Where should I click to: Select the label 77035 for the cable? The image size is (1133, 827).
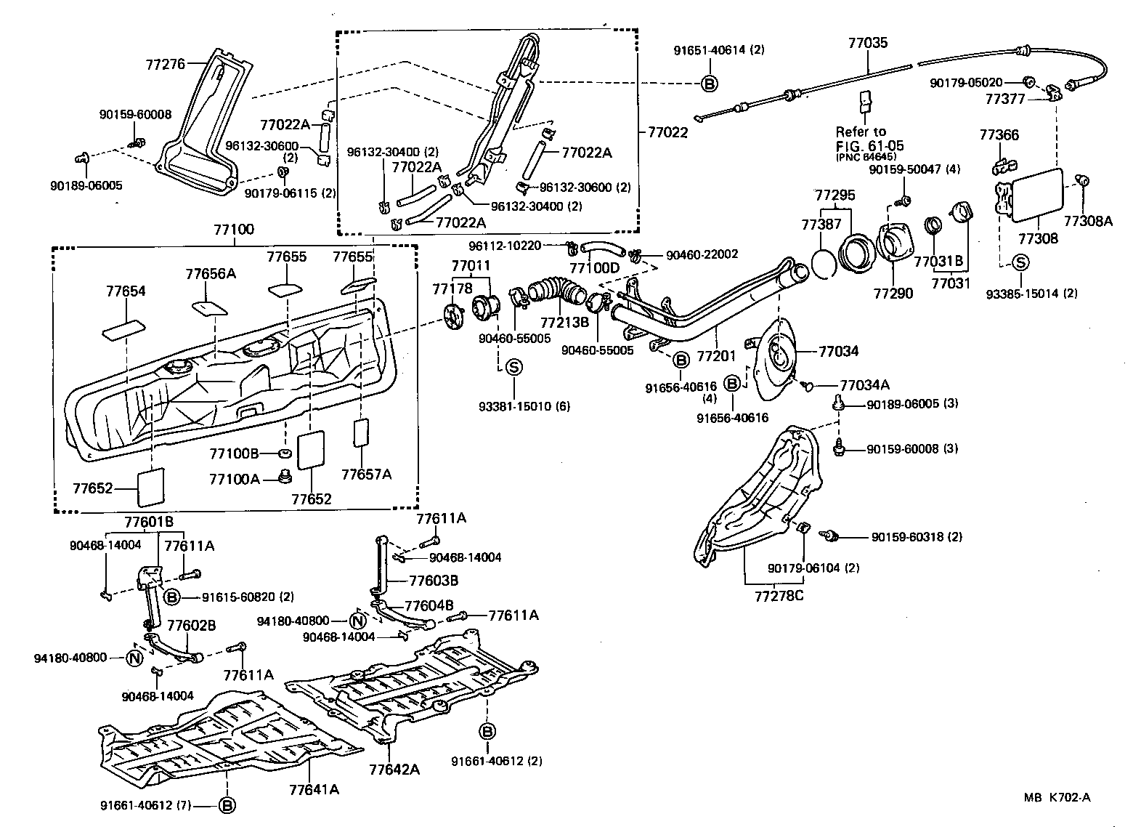pos(868,43)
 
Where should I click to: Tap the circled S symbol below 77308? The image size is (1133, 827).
pos(1020,263)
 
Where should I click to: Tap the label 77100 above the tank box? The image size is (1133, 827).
pos(234,230)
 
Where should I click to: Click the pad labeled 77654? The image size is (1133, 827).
pos(123,329)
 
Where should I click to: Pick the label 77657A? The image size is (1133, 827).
pos(367,475)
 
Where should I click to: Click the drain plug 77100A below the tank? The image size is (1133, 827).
pos(285,477)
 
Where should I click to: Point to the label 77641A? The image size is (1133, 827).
pos(314,788)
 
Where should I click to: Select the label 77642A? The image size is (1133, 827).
pos(394,769)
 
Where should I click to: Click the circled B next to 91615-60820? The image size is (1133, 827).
pos(172,597)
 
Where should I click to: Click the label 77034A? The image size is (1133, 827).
pos(865,385)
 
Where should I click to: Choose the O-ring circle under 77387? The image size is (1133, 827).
pos(821,263)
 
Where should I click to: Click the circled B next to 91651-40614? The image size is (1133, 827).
pos(710,84)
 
